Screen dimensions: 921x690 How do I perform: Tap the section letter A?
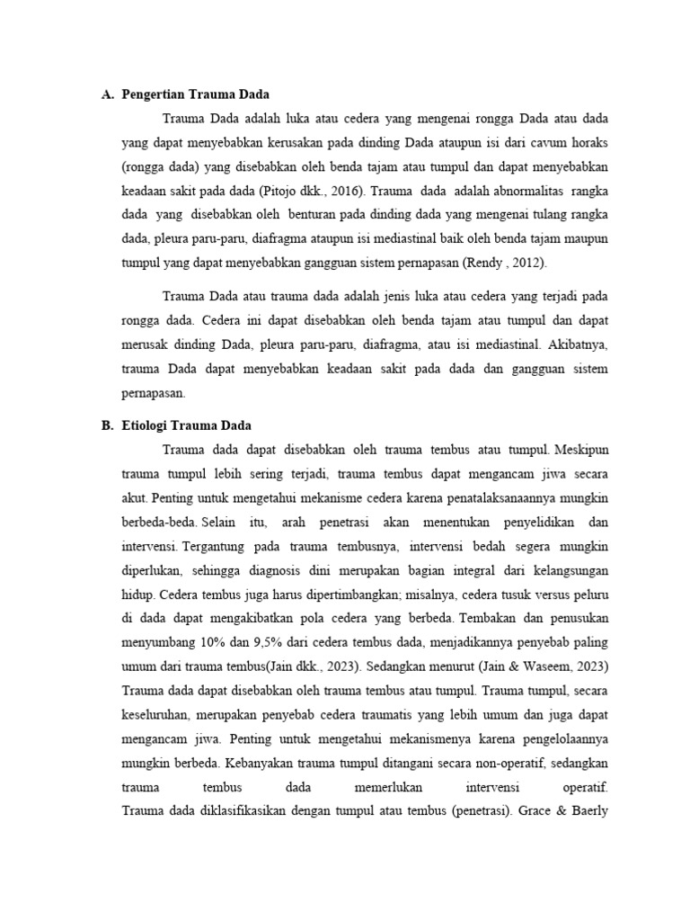[x=108, y=94]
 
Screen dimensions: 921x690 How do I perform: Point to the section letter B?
[x=108, y=425]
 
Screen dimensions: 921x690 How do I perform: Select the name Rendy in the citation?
[x=482, y=264]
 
